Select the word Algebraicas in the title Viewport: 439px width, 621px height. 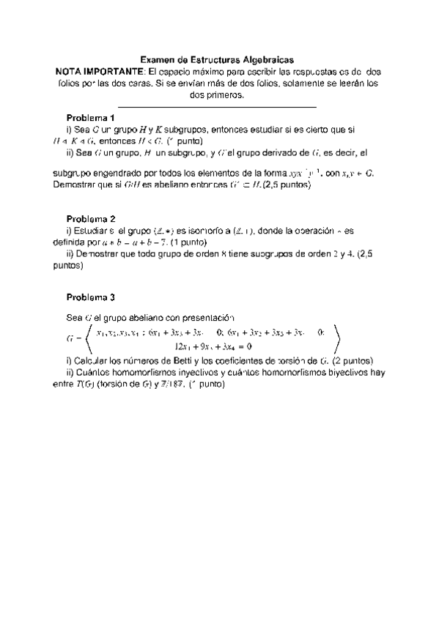pyautogui.click(x=271, y=62)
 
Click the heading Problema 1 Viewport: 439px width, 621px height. pyautogui.click(x=91, y=118)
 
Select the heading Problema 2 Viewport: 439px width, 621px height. pyautogui.click(x=91, y=218)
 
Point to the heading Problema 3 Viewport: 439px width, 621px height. pyautogui.click(x=91, y=297)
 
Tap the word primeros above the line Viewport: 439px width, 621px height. pyautogui.click(x=230, y=95)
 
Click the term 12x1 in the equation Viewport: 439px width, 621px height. pyautogui.click(x=183, y=346)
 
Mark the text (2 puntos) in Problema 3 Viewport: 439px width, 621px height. pyautogui.click(x=353, y=361)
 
